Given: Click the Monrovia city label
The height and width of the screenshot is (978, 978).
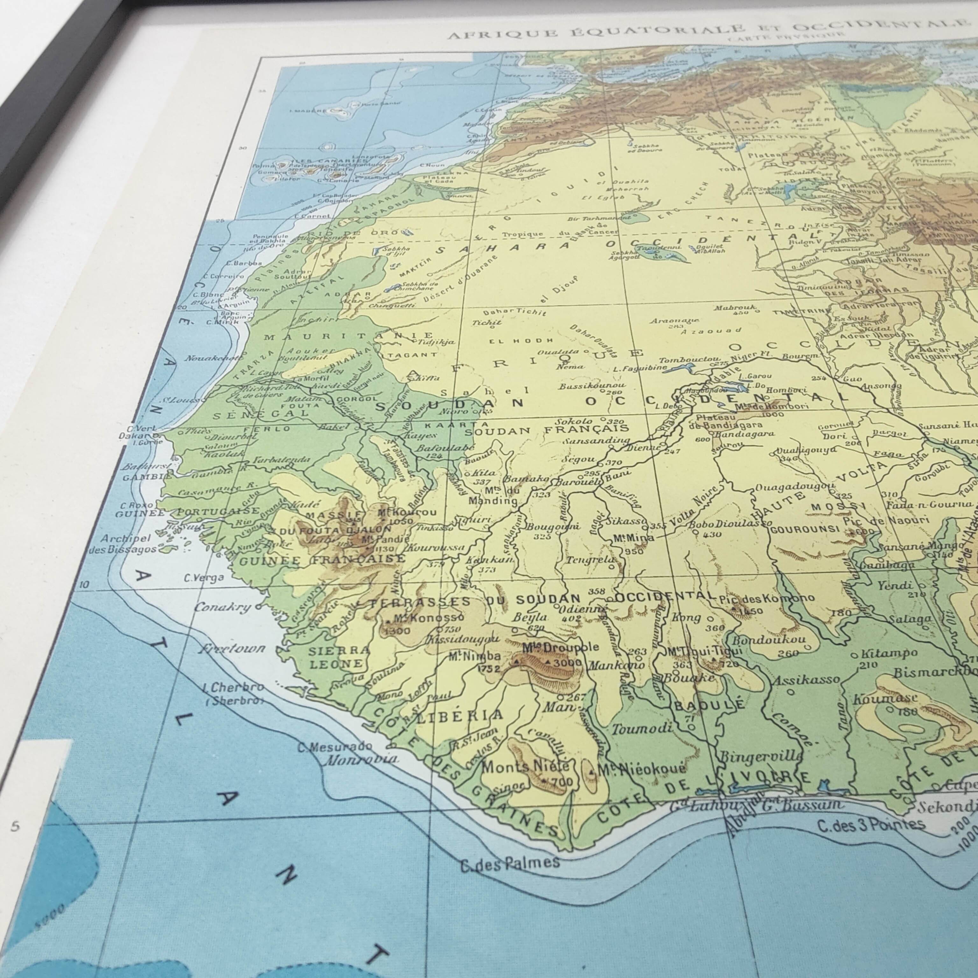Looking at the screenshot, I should pos(360,759).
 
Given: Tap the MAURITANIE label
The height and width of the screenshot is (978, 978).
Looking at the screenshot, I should pos(348,336).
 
